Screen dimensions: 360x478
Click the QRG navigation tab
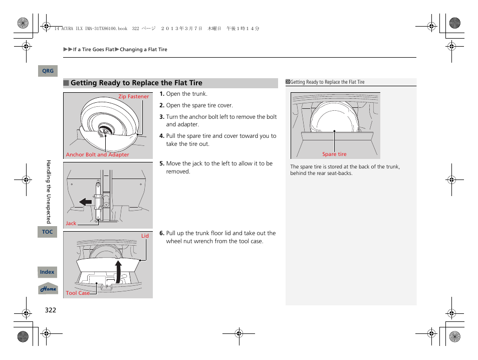(x=48, y=71)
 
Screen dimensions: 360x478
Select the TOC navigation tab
(x=47, y=232)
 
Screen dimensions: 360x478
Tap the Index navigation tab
(x=47, y=272)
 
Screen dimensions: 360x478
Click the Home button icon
(x=49, y=289)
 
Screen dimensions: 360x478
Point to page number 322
(x=50, y=310)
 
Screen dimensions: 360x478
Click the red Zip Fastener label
(x=133, y=97)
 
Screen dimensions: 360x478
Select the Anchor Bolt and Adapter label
(x=97, y=155)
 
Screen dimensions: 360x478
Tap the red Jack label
(x=71, y=224)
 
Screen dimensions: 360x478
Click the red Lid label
(x=145, y=236)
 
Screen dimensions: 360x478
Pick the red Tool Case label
(x=78, y=293)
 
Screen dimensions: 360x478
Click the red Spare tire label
(x=334, y=154)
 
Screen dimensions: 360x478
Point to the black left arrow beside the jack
(x=86, y=202)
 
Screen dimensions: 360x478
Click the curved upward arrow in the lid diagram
(x=118, y=271)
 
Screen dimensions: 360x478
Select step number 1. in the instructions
(x=162, y=94)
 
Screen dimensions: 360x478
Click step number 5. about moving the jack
(x=162, y=163)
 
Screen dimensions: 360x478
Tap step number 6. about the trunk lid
(x=162, y=233)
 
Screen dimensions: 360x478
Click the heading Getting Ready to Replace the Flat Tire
(x=136, y=83)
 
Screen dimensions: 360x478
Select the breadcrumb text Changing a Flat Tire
(x=143, y=50)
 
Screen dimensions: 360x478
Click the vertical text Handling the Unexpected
(x=49, y=192)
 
